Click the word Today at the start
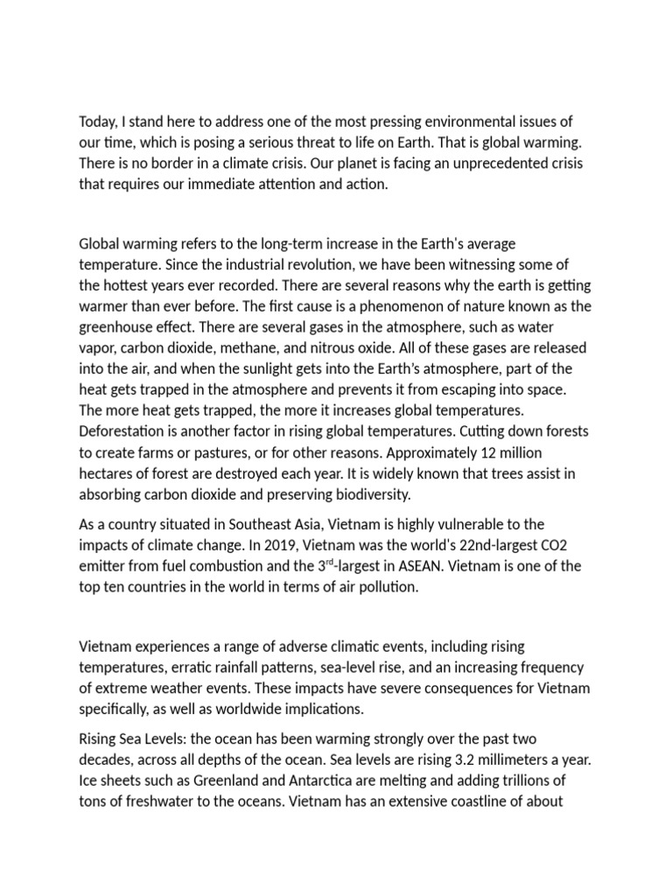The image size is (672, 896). [x=98, y=122]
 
